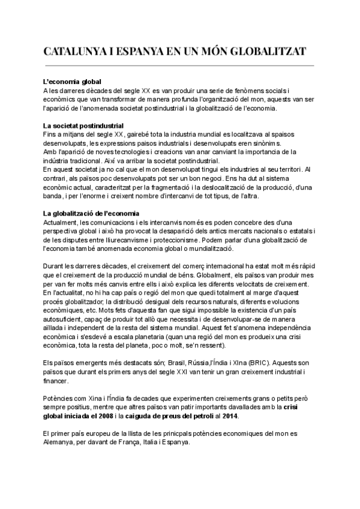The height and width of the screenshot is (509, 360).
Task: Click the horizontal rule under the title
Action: [x=180, y=65]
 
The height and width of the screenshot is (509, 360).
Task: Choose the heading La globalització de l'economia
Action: [x=91, y=213]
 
